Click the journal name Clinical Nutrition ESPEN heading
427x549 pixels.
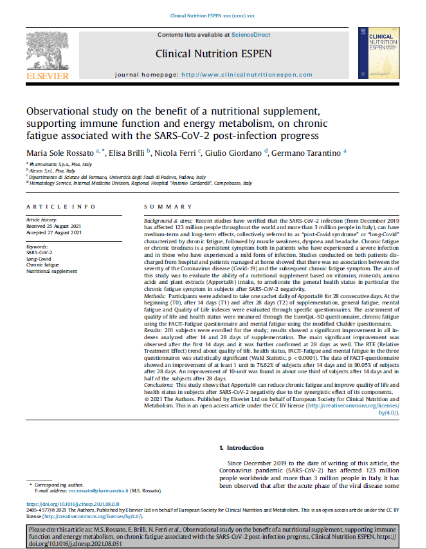(x=213, y=53)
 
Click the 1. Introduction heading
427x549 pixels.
(x=241, y=447)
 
